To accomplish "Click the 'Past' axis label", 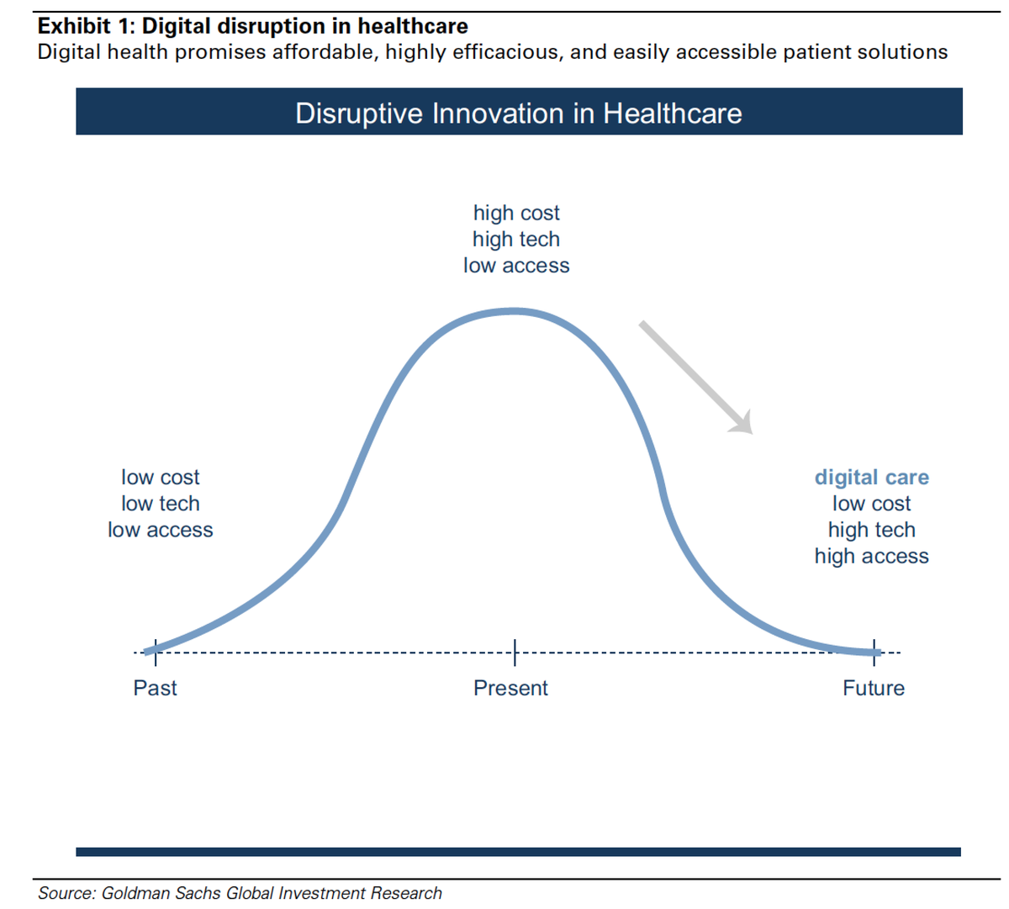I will pos(155,688).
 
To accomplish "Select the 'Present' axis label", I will pos(510,688).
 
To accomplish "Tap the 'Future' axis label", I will pos(874,688).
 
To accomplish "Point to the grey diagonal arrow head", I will pos(742,424).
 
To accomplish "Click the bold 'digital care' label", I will pos(871,478).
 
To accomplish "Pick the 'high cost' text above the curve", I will pos(516,213).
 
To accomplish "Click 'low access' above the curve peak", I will pos(516,266).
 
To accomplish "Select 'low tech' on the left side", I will pos(160,504).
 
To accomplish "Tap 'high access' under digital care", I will pos(871,557).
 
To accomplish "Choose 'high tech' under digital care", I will pos(871,530).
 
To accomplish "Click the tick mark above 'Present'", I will pos(515,652).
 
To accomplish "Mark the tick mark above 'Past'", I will pos(156,652).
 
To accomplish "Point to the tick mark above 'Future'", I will pos(874,652).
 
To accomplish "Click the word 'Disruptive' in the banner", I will pos(359,114).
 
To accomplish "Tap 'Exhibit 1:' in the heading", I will pos(87,26).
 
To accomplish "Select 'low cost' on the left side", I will pos(160,478).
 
